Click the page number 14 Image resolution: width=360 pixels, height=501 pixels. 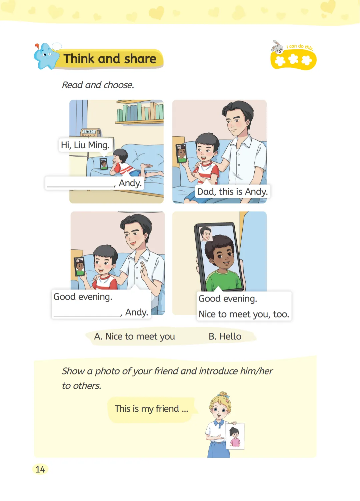pyautogui.click(x=40, y=469)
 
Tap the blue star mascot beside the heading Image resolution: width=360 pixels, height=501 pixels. pyautogui.click(x=46, y=56)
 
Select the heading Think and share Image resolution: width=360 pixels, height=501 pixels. pyautogui.click(x=110, y=59)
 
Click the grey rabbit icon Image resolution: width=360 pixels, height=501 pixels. pyautogui.click(x=277, y=47)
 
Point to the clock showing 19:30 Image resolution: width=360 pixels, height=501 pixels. pyautogui.click(x=90, y=132)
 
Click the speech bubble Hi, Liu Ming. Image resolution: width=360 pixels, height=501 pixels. pyautogui.click(x=85, y=145)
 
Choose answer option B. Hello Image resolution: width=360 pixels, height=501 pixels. pyautogui.click(x=225, y=336)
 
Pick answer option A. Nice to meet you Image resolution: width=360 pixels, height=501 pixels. pyautogui.click(x=134, y=336)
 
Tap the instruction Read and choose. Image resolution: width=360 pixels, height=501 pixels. pyautogui.click(x=98, y=85)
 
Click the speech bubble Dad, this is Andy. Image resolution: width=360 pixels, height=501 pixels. pyautogui.click(x=232, y=192)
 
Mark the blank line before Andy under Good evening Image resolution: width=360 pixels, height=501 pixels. pyautogui.click(x=87, y=315)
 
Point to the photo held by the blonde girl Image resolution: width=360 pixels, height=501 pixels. pyautogui.click(x=235, y=436)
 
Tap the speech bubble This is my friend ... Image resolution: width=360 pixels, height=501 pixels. pyautogui.click(x=151, y=409)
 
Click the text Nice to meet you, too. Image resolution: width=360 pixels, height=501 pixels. pyautogui.click(x=244, y=314)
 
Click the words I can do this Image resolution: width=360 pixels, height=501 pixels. pyautogui.click(x=300, y=47)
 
